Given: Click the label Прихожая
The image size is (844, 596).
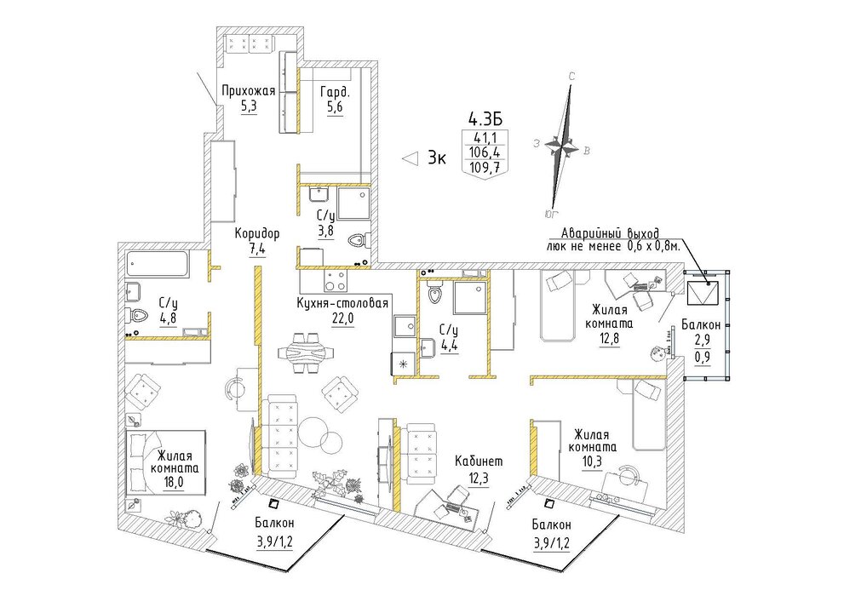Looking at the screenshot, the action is pyautogui.click(x=248, y=91).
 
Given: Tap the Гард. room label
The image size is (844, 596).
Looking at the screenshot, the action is pyautogui.click(x=331, y=91).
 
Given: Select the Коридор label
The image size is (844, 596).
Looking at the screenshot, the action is pyautogui.click(x=257, y=234).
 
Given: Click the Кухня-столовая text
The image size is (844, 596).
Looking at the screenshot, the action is pyautogui.click(x=342, y=303).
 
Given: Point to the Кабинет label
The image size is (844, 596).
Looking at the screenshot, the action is pyautogui.click(x=479, y=461).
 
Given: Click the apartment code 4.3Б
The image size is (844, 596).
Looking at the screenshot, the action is pyautogui.click(x=481, y=117).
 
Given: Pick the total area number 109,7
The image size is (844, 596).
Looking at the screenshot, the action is pyautogui.click(x=485, y=167).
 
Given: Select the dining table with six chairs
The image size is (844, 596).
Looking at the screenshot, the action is pyautogui.click(x=305, y=352).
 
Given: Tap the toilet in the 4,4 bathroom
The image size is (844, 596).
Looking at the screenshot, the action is pyautogui.click(x=433, y=293).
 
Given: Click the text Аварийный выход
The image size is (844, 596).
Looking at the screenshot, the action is pyautogui.click(x=610, y=233).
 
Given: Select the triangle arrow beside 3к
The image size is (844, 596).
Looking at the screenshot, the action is pyautogui.click(x=411, y=158).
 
